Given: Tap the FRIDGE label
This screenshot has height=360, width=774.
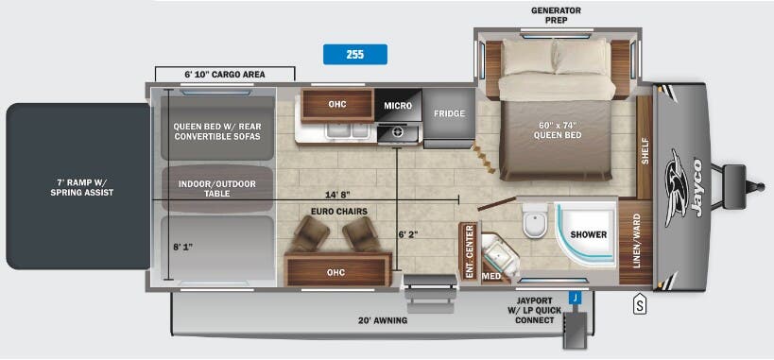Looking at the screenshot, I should (449, 113).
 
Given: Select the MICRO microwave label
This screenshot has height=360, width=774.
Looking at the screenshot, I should (398, 106).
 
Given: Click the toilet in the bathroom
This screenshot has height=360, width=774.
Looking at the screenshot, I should (534, 223).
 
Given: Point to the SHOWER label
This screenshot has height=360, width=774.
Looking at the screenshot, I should (588, 234).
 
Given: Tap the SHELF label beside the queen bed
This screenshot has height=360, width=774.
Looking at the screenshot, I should (645, 152).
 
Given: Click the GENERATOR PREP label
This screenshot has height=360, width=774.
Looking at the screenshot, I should (555, 16).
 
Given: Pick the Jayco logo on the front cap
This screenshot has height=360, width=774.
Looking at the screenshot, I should (682, 185).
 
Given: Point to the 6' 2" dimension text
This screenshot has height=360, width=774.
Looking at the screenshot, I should (408, 232).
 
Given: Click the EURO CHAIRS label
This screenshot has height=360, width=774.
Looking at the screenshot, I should (338, 212).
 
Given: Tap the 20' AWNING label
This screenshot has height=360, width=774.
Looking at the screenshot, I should (383, 321).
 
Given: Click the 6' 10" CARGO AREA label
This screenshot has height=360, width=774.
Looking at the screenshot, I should (224, 74).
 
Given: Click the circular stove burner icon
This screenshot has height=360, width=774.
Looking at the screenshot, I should (399, 132).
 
